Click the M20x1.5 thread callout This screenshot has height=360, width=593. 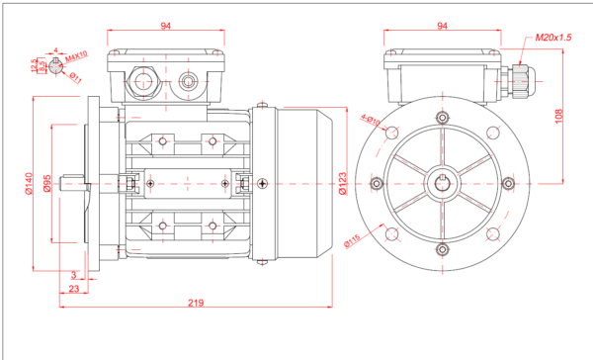(x=553, y=37)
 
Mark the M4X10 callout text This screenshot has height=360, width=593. (x=77, y=56)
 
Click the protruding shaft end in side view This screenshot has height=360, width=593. (x=73, y=183)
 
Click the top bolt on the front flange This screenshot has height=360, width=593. (x=443, y=118)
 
